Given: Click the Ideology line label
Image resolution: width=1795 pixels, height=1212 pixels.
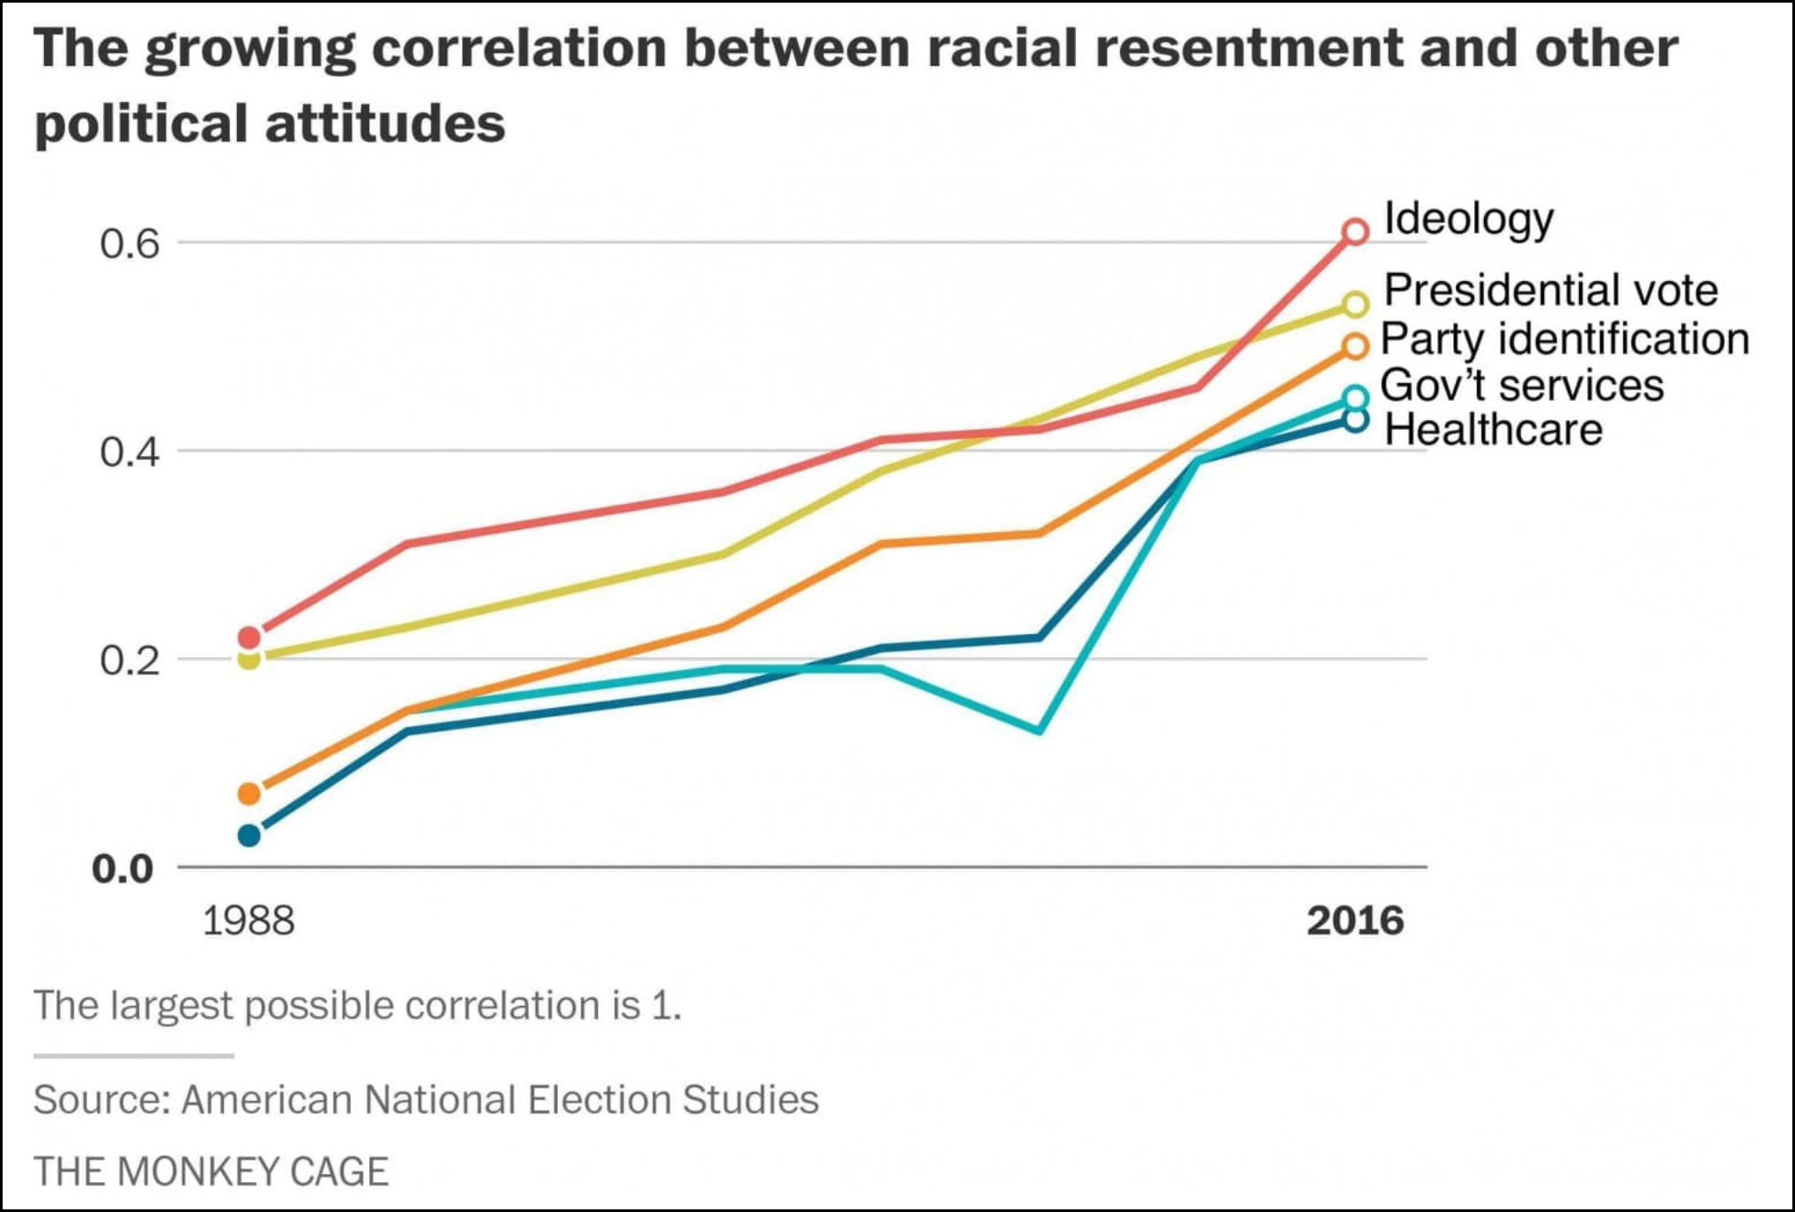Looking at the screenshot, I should pyautogui.click(x=1468, y=219).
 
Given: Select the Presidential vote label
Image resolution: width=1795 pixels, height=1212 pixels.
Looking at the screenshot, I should pyautogui.click(x=1550, y=291).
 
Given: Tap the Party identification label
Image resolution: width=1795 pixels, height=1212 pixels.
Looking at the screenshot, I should pyautogui.click(x=1564, y=339).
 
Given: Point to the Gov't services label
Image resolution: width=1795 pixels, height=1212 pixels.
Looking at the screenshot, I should pyautogui.click(x=1522, y=386).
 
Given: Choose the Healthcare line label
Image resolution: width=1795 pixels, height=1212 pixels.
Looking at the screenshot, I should pyautogui.click(x=1493, y=430).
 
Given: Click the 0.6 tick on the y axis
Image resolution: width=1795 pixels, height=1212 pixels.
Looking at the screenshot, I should pyautogui.click(x=130, y=244).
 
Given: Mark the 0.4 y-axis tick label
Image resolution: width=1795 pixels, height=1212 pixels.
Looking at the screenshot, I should pyautogui.click(x=130, y=453).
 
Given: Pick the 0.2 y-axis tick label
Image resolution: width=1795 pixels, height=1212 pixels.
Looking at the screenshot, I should pyautogui.click(x=130, y=661).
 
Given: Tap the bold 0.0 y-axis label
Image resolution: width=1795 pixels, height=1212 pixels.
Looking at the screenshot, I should pyautogui.click(x=123, y=869).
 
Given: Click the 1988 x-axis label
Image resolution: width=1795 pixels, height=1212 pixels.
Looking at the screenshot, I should pyautogui.click(x=248, y=921).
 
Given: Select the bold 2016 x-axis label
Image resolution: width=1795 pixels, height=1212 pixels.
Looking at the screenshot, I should pyautogui.click(x=1354, y=921).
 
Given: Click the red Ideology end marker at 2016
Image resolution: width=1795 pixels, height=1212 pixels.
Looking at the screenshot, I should pyautogui.click(x=1355, y=232).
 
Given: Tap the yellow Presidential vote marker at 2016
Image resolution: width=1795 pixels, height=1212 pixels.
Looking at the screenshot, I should pyautogui.click(x=1355, y=305).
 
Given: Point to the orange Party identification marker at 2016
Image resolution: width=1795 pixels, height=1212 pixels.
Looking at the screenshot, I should pyautogui.click(x=1355, y=346).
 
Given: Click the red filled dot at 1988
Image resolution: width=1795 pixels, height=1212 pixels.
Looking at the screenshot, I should pyautogui.click(x=249, y=637).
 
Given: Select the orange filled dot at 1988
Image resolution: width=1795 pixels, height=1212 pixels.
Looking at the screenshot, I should pyautogui.click(x=249, y=794).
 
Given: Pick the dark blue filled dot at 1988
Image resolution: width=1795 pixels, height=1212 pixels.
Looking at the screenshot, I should pyautogui.click(x=249, y=835).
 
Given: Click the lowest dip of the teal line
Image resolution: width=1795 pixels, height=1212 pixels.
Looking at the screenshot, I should pyautogui.click(x=1041, y=730).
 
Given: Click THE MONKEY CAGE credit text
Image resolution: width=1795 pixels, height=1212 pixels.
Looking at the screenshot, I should pyautogui.click(x=211, y=1171).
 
